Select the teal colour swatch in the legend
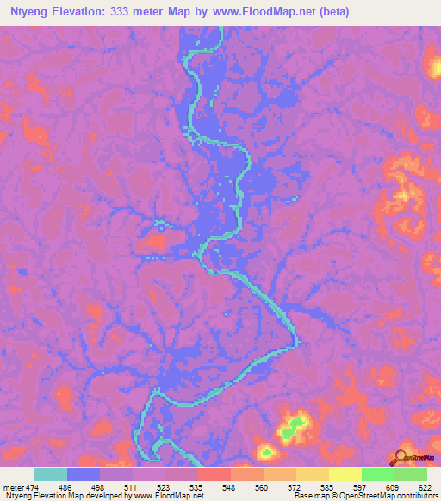click(x=51, y=474)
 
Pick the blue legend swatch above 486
click(x=84, y=474)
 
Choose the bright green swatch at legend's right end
click(x=411, y=474)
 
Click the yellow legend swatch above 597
click(x=345, y=474)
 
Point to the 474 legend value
click(x=31, y=486)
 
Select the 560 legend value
click(x=260, y=486)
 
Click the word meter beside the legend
click(x=12, y=486)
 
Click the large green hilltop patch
click(x=295, y=424)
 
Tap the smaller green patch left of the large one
click(x=267, y=450)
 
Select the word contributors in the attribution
click(x=413, y=496)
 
